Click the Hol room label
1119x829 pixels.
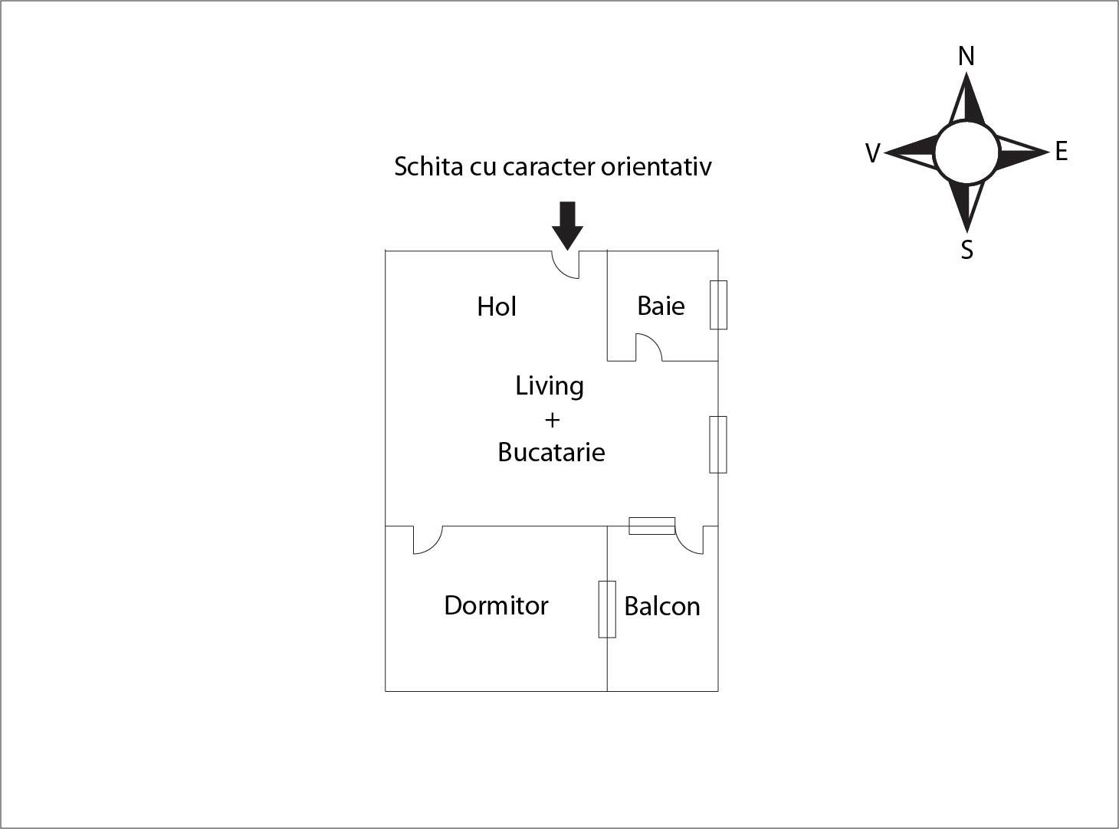click(x=496, y=306)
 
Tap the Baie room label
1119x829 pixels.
click(x=661, y=306)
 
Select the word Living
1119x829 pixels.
click(x=549, y=385)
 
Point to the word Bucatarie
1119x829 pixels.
click(x=551, y=452)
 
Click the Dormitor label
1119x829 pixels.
click(x=496, y=605)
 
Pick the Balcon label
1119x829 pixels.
click(x=662, y=606)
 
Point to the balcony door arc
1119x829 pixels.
click(x=688, y=541)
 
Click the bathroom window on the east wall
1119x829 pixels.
click(x=718, y=305)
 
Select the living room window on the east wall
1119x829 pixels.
click(x=718, y=444)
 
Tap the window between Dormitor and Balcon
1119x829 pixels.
click(x=607, y=609)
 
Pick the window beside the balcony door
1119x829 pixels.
click(x=652, y=526)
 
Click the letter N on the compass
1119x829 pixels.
click(x=966, y=56)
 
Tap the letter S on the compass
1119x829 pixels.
click(x=967, y=250)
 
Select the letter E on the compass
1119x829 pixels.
click(x=1061, y=152)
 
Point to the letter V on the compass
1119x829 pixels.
click(x=872, y=153)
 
